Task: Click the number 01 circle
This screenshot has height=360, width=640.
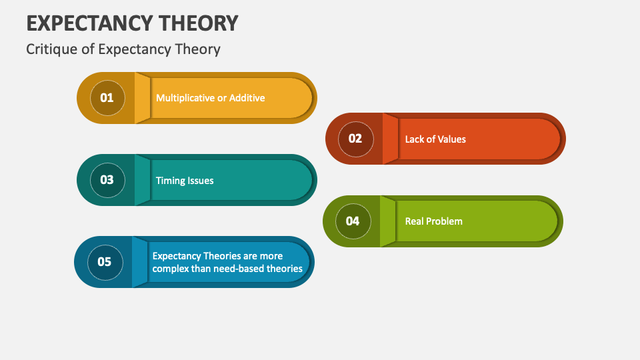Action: (x=107, y=98)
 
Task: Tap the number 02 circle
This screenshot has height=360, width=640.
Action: (x=355, y=139)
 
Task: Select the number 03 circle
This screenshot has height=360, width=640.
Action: (x=107, y=180)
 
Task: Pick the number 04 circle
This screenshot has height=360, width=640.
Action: (x=352, y=221)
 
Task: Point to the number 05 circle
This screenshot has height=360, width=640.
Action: (x=105, y=262)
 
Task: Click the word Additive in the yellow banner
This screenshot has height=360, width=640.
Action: (x=247, y=98)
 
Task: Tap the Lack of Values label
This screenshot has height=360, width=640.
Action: (x=435, y=139)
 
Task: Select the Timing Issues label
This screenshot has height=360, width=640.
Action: (x=185, y=181)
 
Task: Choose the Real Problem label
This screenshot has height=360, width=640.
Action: (x=433, y=221)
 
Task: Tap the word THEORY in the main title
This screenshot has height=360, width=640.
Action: (x=204, y=23)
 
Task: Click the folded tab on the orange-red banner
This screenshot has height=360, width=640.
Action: (x=390, y=139)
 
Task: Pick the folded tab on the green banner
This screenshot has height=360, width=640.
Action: (x=388, y=221)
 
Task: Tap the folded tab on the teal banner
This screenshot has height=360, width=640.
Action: (x=143, y=180)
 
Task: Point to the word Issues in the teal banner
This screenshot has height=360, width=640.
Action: (x=200, y=181)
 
